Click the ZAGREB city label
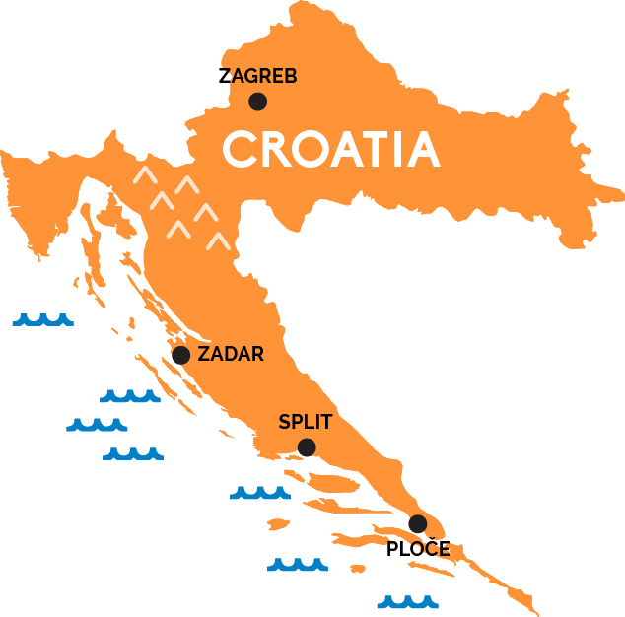pos(257,76)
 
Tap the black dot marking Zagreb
pos(257,101)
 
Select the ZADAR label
pos(231,355)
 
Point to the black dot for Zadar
pos(180,355)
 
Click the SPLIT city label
pos(306,423)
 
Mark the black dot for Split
pos(307,447)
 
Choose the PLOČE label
pos(418,549)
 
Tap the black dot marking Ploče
pos(418,523)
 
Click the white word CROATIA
pos(330,149)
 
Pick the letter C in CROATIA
pos(240,149)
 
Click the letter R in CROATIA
pos(277,149)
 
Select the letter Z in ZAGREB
pos(225,76)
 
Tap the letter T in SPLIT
pos(326,423)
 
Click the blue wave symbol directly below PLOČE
pos(408,600)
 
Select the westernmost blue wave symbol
pos(42,319)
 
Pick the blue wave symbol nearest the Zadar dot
pos(130,396)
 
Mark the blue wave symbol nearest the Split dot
pos(259,491)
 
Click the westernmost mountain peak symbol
pos(144,176)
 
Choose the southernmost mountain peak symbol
pos(218,240)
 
